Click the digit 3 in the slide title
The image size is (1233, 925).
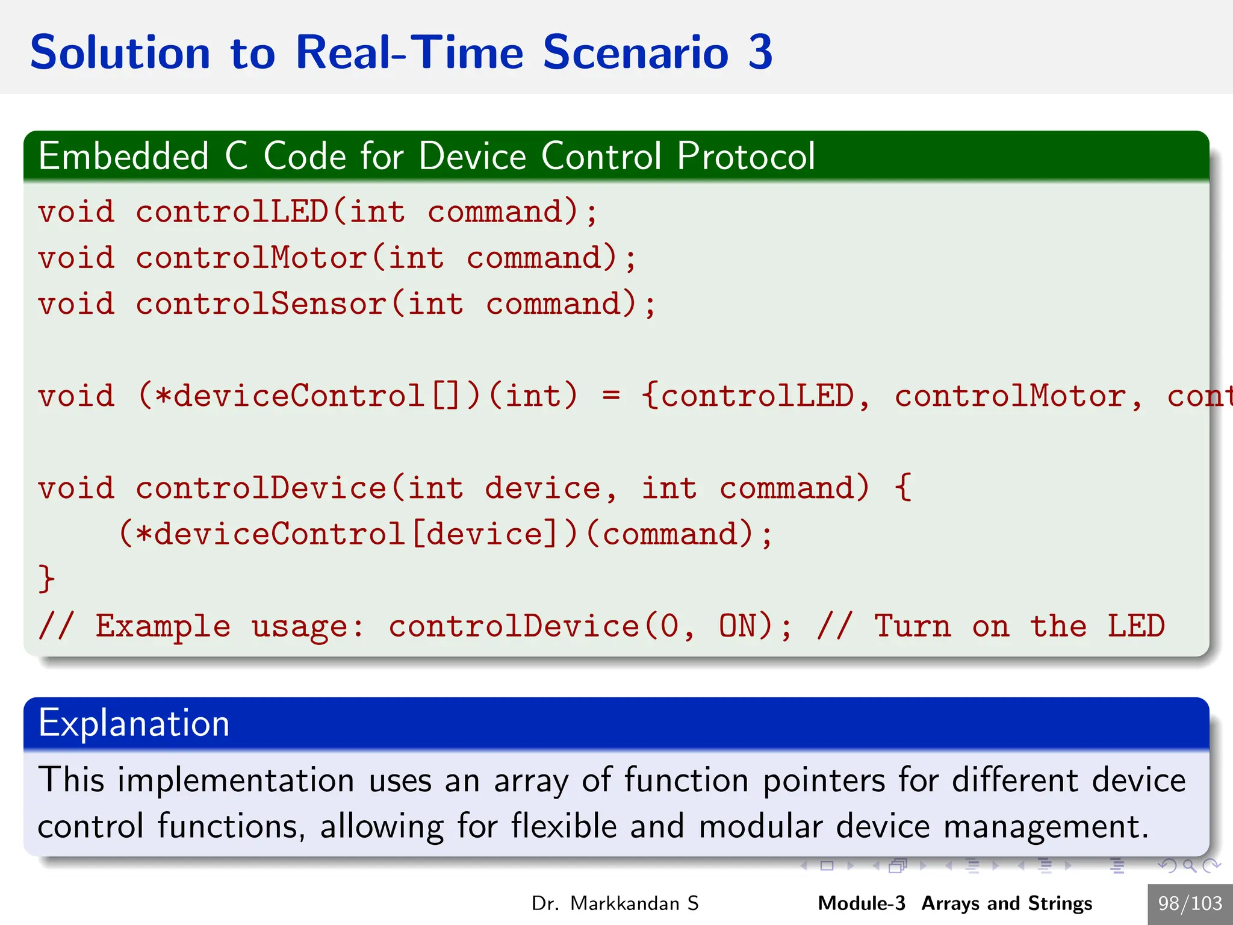760,53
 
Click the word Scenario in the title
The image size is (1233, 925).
636,53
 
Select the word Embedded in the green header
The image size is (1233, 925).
123,157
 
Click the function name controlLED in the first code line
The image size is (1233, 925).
232,212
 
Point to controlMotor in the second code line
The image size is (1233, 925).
252,258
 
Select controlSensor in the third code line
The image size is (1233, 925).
261,304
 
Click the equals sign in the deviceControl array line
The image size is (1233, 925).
610,396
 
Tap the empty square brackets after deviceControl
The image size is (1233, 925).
446,396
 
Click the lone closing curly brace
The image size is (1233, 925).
46,579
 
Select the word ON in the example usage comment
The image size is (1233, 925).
738,626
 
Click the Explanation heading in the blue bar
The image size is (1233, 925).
134,723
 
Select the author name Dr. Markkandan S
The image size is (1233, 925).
615,903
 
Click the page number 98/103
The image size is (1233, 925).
1190,903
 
